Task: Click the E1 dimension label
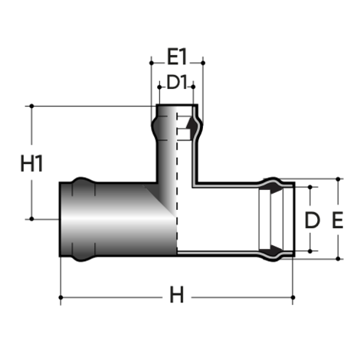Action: click(177, 57)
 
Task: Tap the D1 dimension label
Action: click(177, 81)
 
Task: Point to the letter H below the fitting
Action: click(177, 295)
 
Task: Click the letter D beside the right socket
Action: click(311, 221)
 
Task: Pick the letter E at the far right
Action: click(337, 221)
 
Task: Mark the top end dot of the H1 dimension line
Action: click(32, 106)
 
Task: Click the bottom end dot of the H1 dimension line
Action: click(32, 220)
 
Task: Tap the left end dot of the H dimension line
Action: click(61, 295)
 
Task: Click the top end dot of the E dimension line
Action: click(337, 180)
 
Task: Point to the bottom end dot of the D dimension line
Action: click(311, 251)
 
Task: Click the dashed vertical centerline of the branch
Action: click(177, 199)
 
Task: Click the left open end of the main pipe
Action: click(61, 220)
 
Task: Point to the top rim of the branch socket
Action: click(177, 106)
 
